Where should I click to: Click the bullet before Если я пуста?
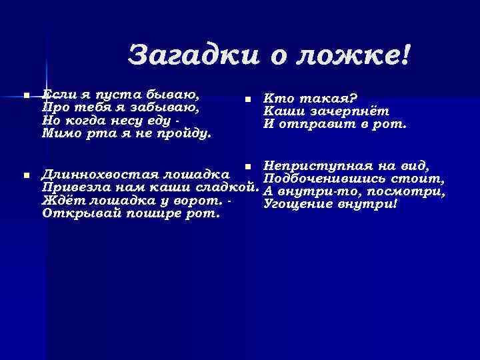tap(26, 97)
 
